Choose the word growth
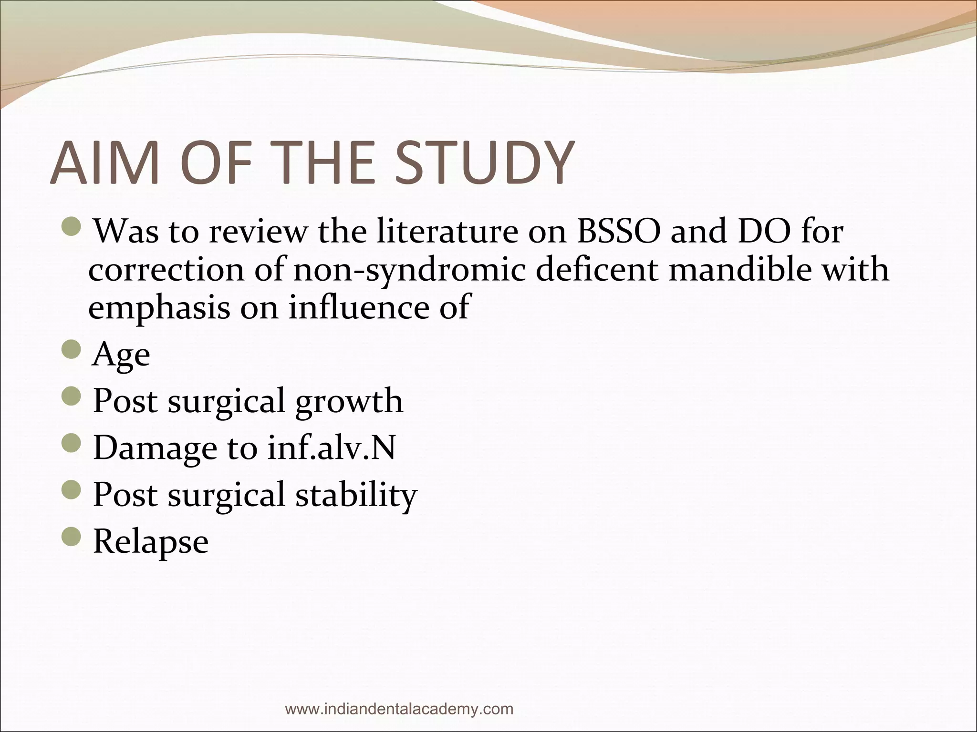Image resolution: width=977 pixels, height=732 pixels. pyautogui.click(x=349, y=401)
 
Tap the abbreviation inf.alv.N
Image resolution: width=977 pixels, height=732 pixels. pyautogui.click(x=331, y=448)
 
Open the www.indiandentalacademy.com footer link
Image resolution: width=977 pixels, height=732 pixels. pyautogui.click(x=399, y=709)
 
